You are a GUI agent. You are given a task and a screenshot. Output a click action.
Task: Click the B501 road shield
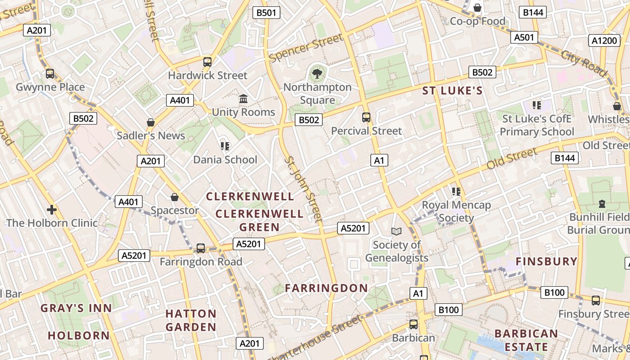coord(266,13)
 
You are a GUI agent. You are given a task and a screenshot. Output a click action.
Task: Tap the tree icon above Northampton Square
coord(317,73)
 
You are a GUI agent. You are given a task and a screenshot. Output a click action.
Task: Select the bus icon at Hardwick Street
coord(207,62)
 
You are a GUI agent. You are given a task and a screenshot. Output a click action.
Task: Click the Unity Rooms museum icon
coord(243,99)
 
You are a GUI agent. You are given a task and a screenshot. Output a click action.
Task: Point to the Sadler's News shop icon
coord(151,122)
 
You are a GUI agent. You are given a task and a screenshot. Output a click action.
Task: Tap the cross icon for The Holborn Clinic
coord(52,209)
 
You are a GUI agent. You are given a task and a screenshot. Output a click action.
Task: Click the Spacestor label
coord(175,210)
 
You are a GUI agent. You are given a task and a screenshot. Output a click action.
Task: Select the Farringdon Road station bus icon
coord(201,248)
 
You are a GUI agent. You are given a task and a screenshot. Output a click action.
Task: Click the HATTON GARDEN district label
coord(191,320)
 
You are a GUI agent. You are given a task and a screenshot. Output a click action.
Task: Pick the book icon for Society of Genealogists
coord(396,231)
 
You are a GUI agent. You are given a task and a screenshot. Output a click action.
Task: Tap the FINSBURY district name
coord(546,261)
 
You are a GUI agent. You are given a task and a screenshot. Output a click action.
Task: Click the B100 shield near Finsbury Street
coord(554,292)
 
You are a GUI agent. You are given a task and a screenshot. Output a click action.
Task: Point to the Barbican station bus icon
coord(413,324)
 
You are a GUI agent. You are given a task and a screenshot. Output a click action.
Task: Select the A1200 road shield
coord(604,40)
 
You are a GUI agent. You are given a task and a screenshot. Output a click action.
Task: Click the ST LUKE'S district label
coord(452,91)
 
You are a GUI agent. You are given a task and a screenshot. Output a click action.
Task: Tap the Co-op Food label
coord(477,21)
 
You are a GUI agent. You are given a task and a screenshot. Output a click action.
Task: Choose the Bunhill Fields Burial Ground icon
coord(602,204)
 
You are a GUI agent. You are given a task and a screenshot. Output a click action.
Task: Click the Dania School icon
coord(225,146)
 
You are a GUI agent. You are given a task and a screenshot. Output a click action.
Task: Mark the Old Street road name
coord(512,159)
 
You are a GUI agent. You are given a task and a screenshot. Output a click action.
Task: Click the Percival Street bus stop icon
coord(366,117)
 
